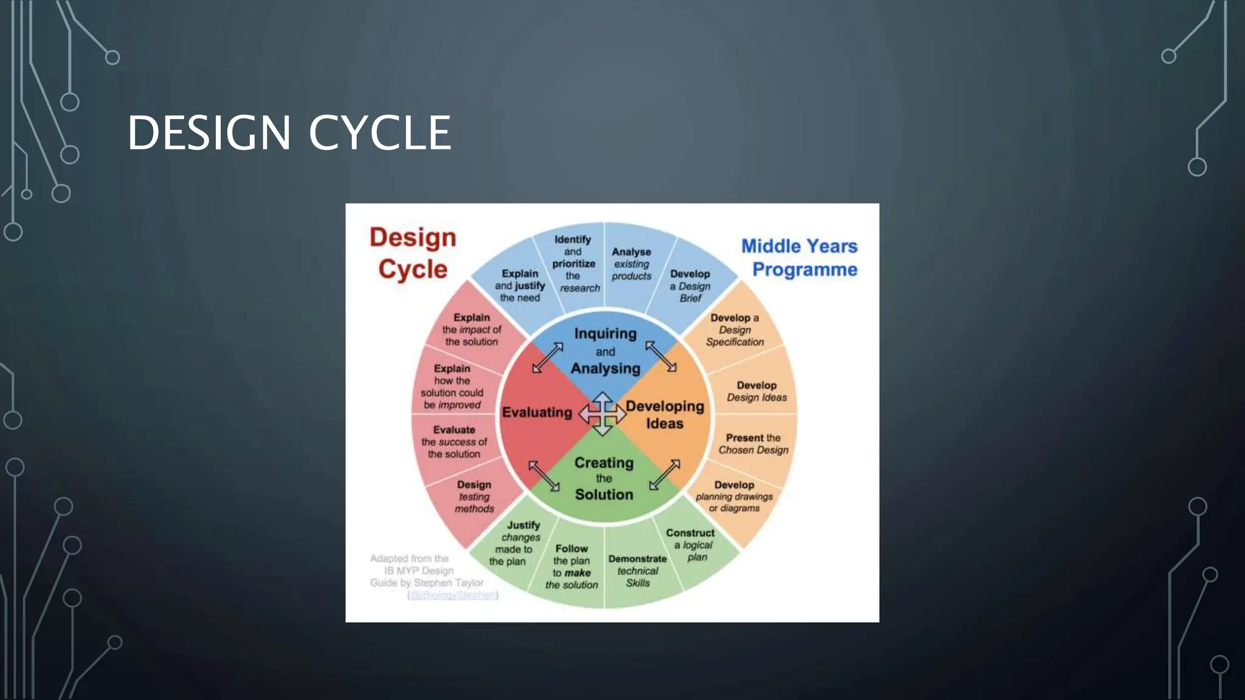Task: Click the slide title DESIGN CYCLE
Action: point(289,133)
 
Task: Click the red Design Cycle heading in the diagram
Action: point(413,253)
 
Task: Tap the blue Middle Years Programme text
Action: point(800,258)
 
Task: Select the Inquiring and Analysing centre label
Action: point(605,351)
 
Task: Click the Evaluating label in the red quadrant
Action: point(537,413)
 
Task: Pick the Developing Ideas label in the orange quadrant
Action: point(664,414)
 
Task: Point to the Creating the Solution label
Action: point(604,478)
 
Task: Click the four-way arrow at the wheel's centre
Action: point(602,414)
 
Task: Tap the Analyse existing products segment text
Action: point(631,264)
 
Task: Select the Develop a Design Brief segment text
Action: point(690,286)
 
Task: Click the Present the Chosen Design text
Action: point(753,444)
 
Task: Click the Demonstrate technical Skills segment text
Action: point(637,571)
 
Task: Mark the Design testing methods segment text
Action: point(474,496)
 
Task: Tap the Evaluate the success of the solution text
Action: point(454,442)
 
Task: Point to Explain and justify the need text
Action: point(520,286)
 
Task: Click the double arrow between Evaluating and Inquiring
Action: point(548,357)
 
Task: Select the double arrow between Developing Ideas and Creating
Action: point(664,475)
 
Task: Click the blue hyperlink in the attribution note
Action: point(453,595)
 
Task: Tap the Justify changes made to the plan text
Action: point(516,543)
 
